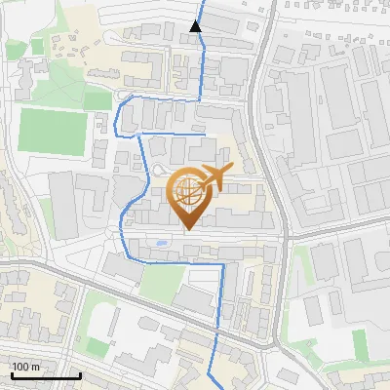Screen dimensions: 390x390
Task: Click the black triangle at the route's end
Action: (196, 26)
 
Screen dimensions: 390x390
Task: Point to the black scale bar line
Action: (45, 375)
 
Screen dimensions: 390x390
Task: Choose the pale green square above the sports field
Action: (97, 100)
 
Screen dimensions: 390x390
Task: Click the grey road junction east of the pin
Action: (288, 234)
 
